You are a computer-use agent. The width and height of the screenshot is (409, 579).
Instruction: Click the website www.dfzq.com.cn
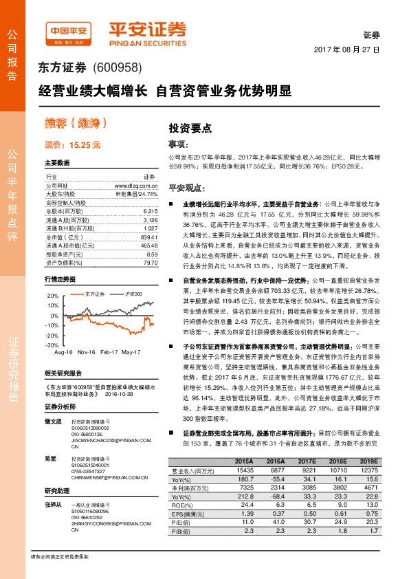pyautogui.click(x=136, y=186)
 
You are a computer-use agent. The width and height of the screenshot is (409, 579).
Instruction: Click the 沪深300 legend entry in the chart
pyautogui.click(x=133, y=294)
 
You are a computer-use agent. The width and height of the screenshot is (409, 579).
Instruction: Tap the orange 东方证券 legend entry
pyautogui.click(x=93, y=294)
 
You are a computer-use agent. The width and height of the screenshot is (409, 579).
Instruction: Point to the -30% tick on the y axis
pyautogui.click(x=52, y=345)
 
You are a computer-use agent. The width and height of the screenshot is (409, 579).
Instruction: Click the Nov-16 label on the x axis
pyautogui.click(x=86, y=352)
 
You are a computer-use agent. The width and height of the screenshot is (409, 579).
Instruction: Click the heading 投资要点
pyautogui.click(x=190, y=128)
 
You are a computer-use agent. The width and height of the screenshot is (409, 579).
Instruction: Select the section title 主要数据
pyautogui.click(x=57, y=163)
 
